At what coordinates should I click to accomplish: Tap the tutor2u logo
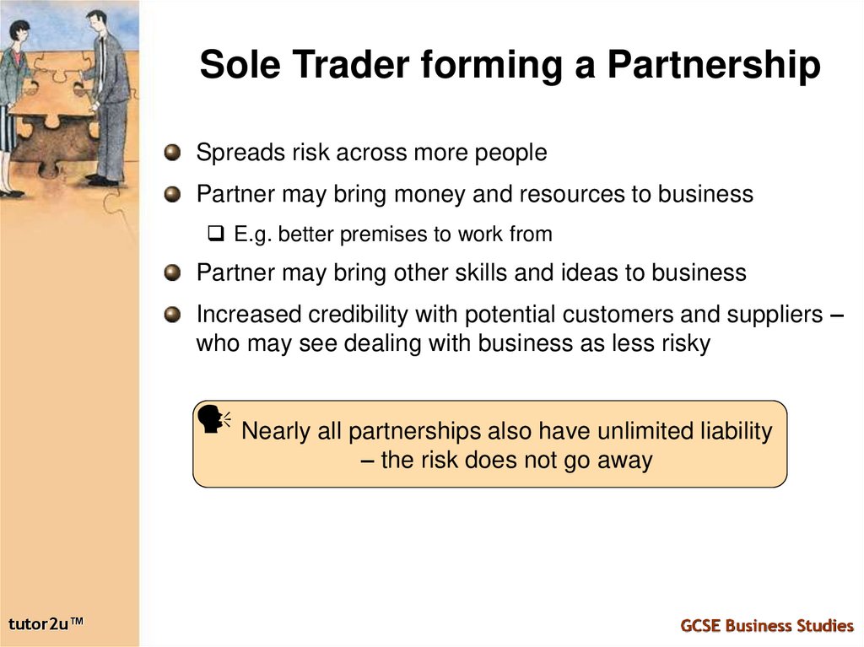47,624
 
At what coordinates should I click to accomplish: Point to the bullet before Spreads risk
173,153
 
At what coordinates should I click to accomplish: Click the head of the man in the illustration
96,19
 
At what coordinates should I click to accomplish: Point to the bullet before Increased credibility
173,315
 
